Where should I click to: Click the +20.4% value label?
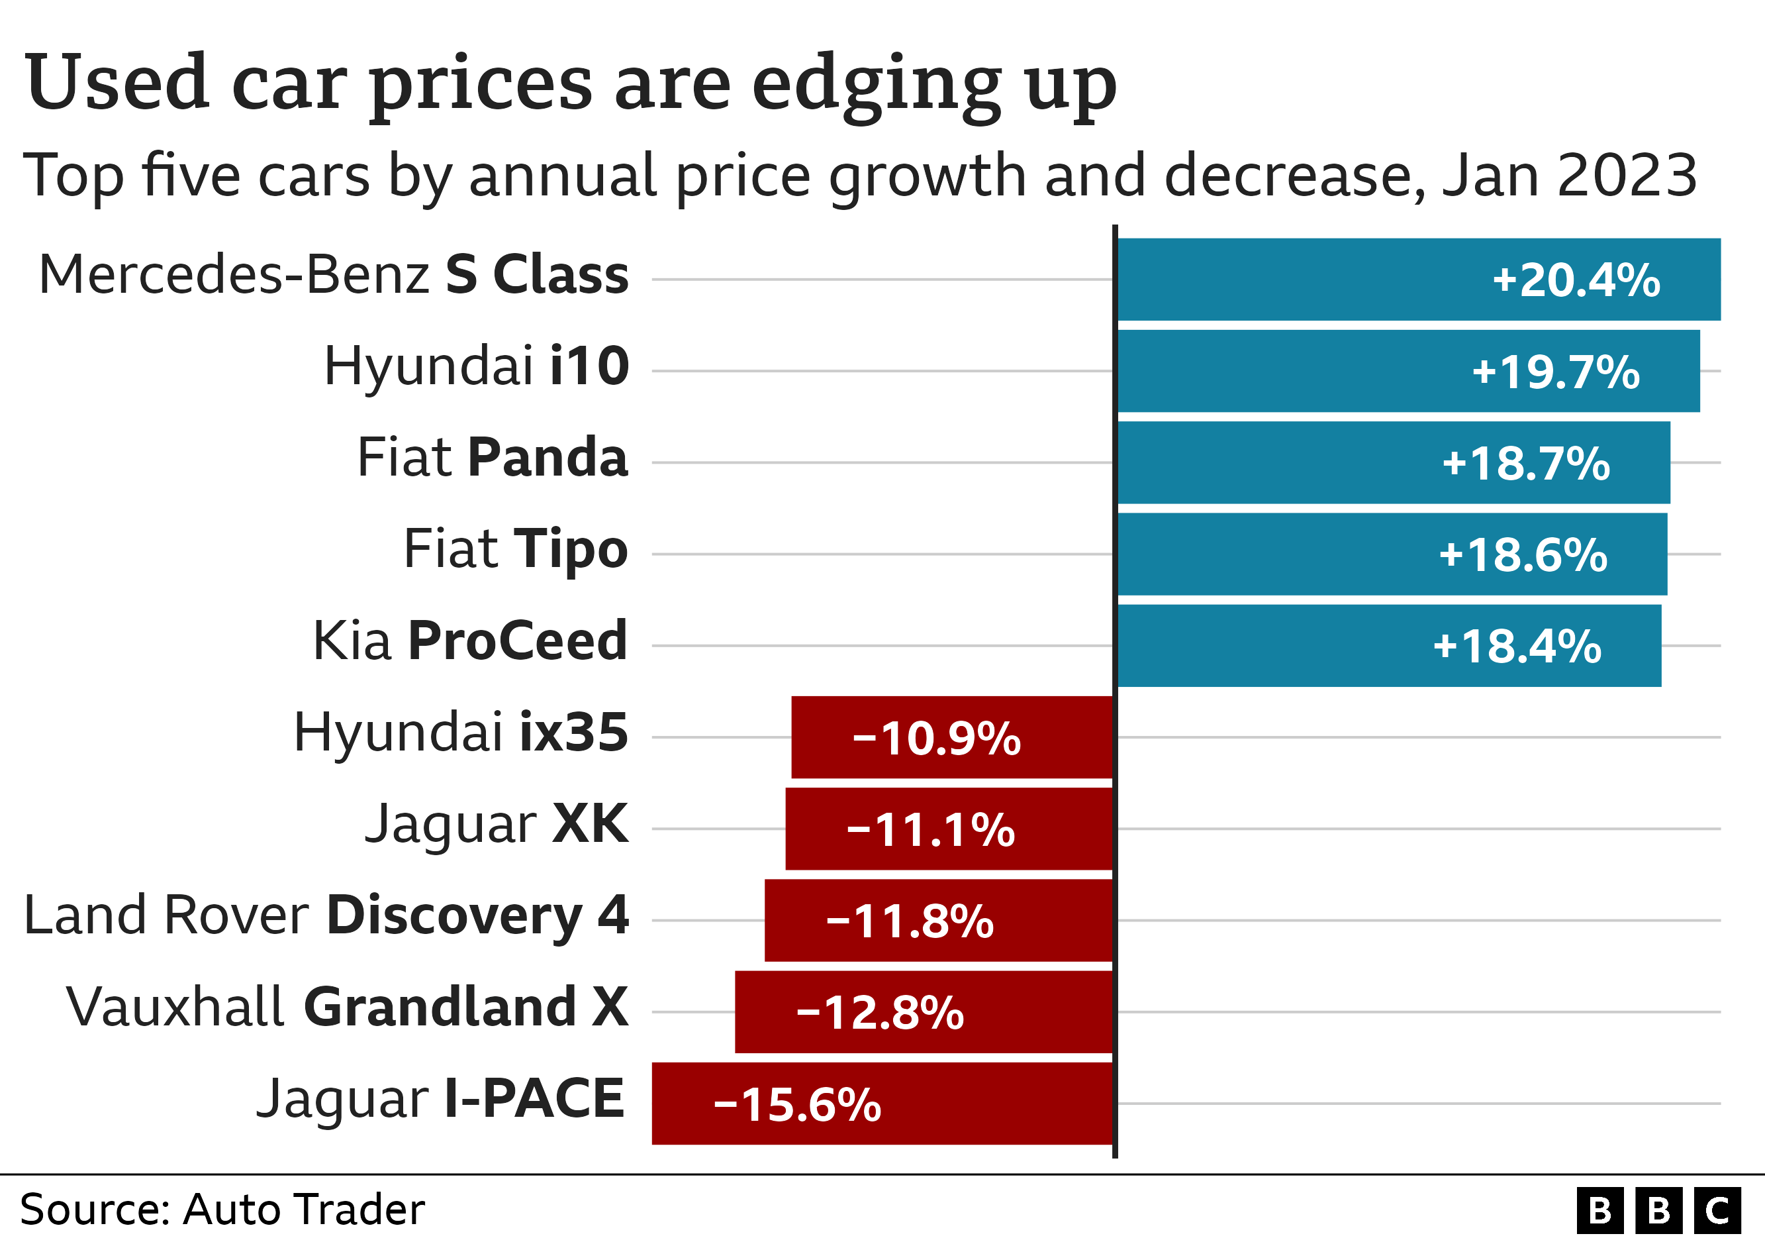tap(1575, 280)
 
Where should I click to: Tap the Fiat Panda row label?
tap(493, 458)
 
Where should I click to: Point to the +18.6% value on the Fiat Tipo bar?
tap(1522, 554)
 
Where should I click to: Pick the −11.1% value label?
tap(930, 830)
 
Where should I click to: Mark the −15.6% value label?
tap(797, 1104)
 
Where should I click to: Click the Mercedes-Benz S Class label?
tap(334, 274)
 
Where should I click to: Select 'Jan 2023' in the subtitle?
tap(1568, 176)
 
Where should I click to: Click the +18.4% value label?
tap(1517, 646)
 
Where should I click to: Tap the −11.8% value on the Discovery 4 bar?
tap(910, 921)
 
